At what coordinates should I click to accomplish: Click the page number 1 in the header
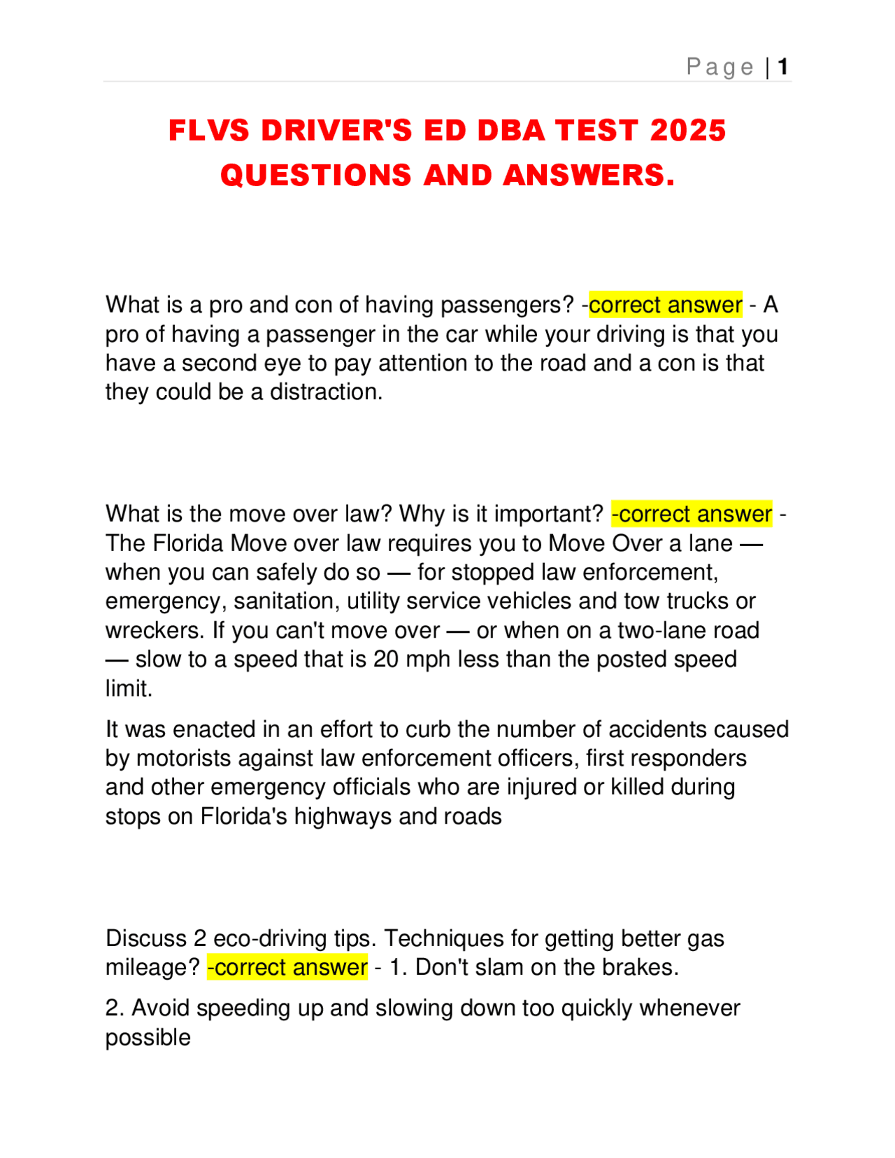tap(783, 67)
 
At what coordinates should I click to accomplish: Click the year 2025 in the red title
tap(688, 131)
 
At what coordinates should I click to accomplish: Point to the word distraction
tap(326, 392)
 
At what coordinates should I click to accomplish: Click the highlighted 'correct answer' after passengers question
tap(665, 305)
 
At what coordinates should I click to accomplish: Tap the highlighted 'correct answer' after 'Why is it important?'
tap(692, 514)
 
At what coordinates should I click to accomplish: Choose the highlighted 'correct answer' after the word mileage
tap(287, 967)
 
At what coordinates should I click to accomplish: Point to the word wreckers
tap(155, 631)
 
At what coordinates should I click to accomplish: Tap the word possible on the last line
tap(148, 1038)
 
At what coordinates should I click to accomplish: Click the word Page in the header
tap(719, 67)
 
